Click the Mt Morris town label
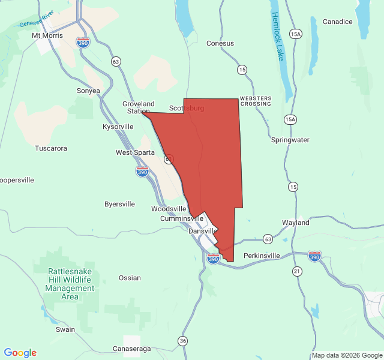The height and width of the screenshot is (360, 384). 49,35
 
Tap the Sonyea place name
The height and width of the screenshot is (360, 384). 88,91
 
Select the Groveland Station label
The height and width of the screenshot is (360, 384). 138,107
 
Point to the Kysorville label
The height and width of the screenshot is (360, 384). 118,127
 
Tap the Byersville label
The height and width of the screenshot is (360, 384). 119,204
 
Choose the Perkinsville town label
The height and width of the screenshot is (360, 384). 262,256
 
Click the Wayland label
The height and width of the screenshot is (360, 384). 296,223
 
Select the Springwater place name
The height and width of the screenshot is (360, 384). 290,140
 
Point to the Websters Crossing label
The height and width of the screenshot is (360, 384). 256,101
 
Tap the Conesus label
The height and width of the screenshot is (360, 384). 220,43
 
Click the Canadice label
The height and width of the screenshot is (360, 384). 338,22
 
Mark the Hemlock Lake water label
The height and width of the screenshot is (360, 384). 277,36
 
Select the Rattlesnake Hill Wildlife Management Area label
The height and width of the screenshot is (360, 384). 70,284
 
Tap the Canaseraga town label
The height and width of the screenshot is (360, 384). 133,349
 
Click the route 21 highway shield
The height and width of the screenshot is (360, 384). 296,272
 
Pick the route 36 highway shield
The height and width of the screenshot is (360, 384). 182,341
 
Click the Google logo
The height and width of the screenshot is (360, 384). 20,353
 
